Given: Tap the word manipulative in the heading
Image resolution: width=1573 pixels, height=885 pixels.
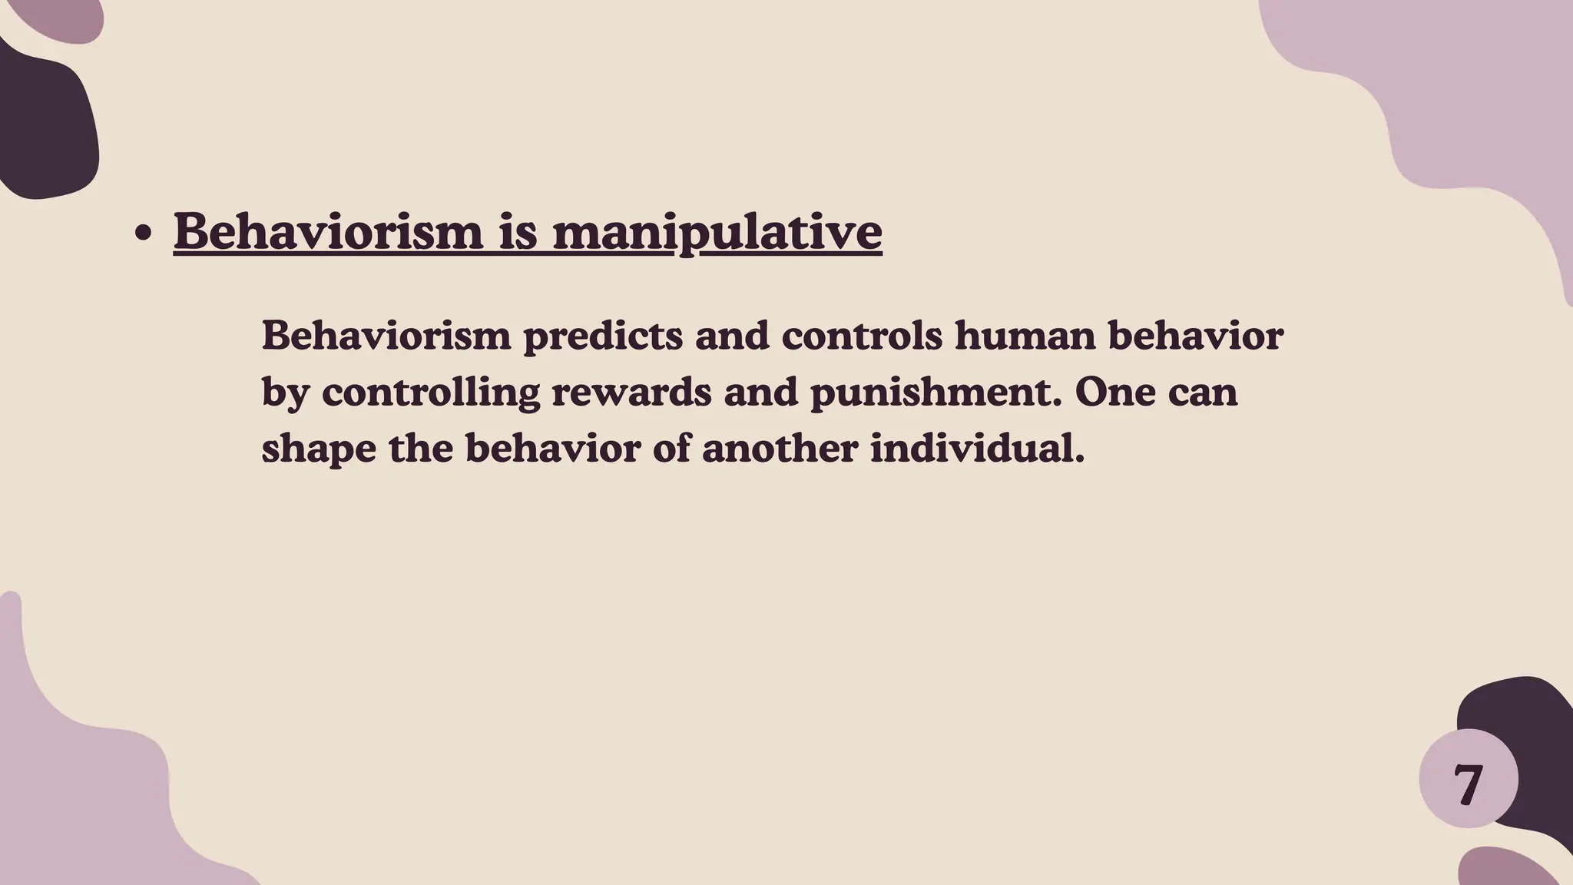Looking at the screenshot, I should [x=717, y=232].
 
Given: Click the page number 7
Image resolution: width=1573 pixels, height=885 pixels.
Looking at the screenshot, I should [x=1468, y=785].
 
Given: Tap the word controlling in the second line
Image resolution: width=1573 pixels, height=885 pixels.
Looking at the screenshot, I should [x=431, y=393].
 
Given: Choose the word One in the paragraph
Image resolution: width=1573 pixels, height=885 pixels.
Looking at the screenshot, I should [x=1115, y=392].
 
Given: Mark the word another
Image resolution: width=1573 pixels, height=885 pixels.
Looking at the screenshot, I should [x=780, y=448].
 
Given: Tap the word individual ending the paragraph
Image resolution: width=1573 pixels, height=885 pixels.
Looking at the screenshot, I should [x=976, y=448].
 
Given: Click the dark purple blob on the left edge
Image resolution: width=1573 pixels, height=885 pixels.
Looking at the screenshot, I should [x=42, y=123].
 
